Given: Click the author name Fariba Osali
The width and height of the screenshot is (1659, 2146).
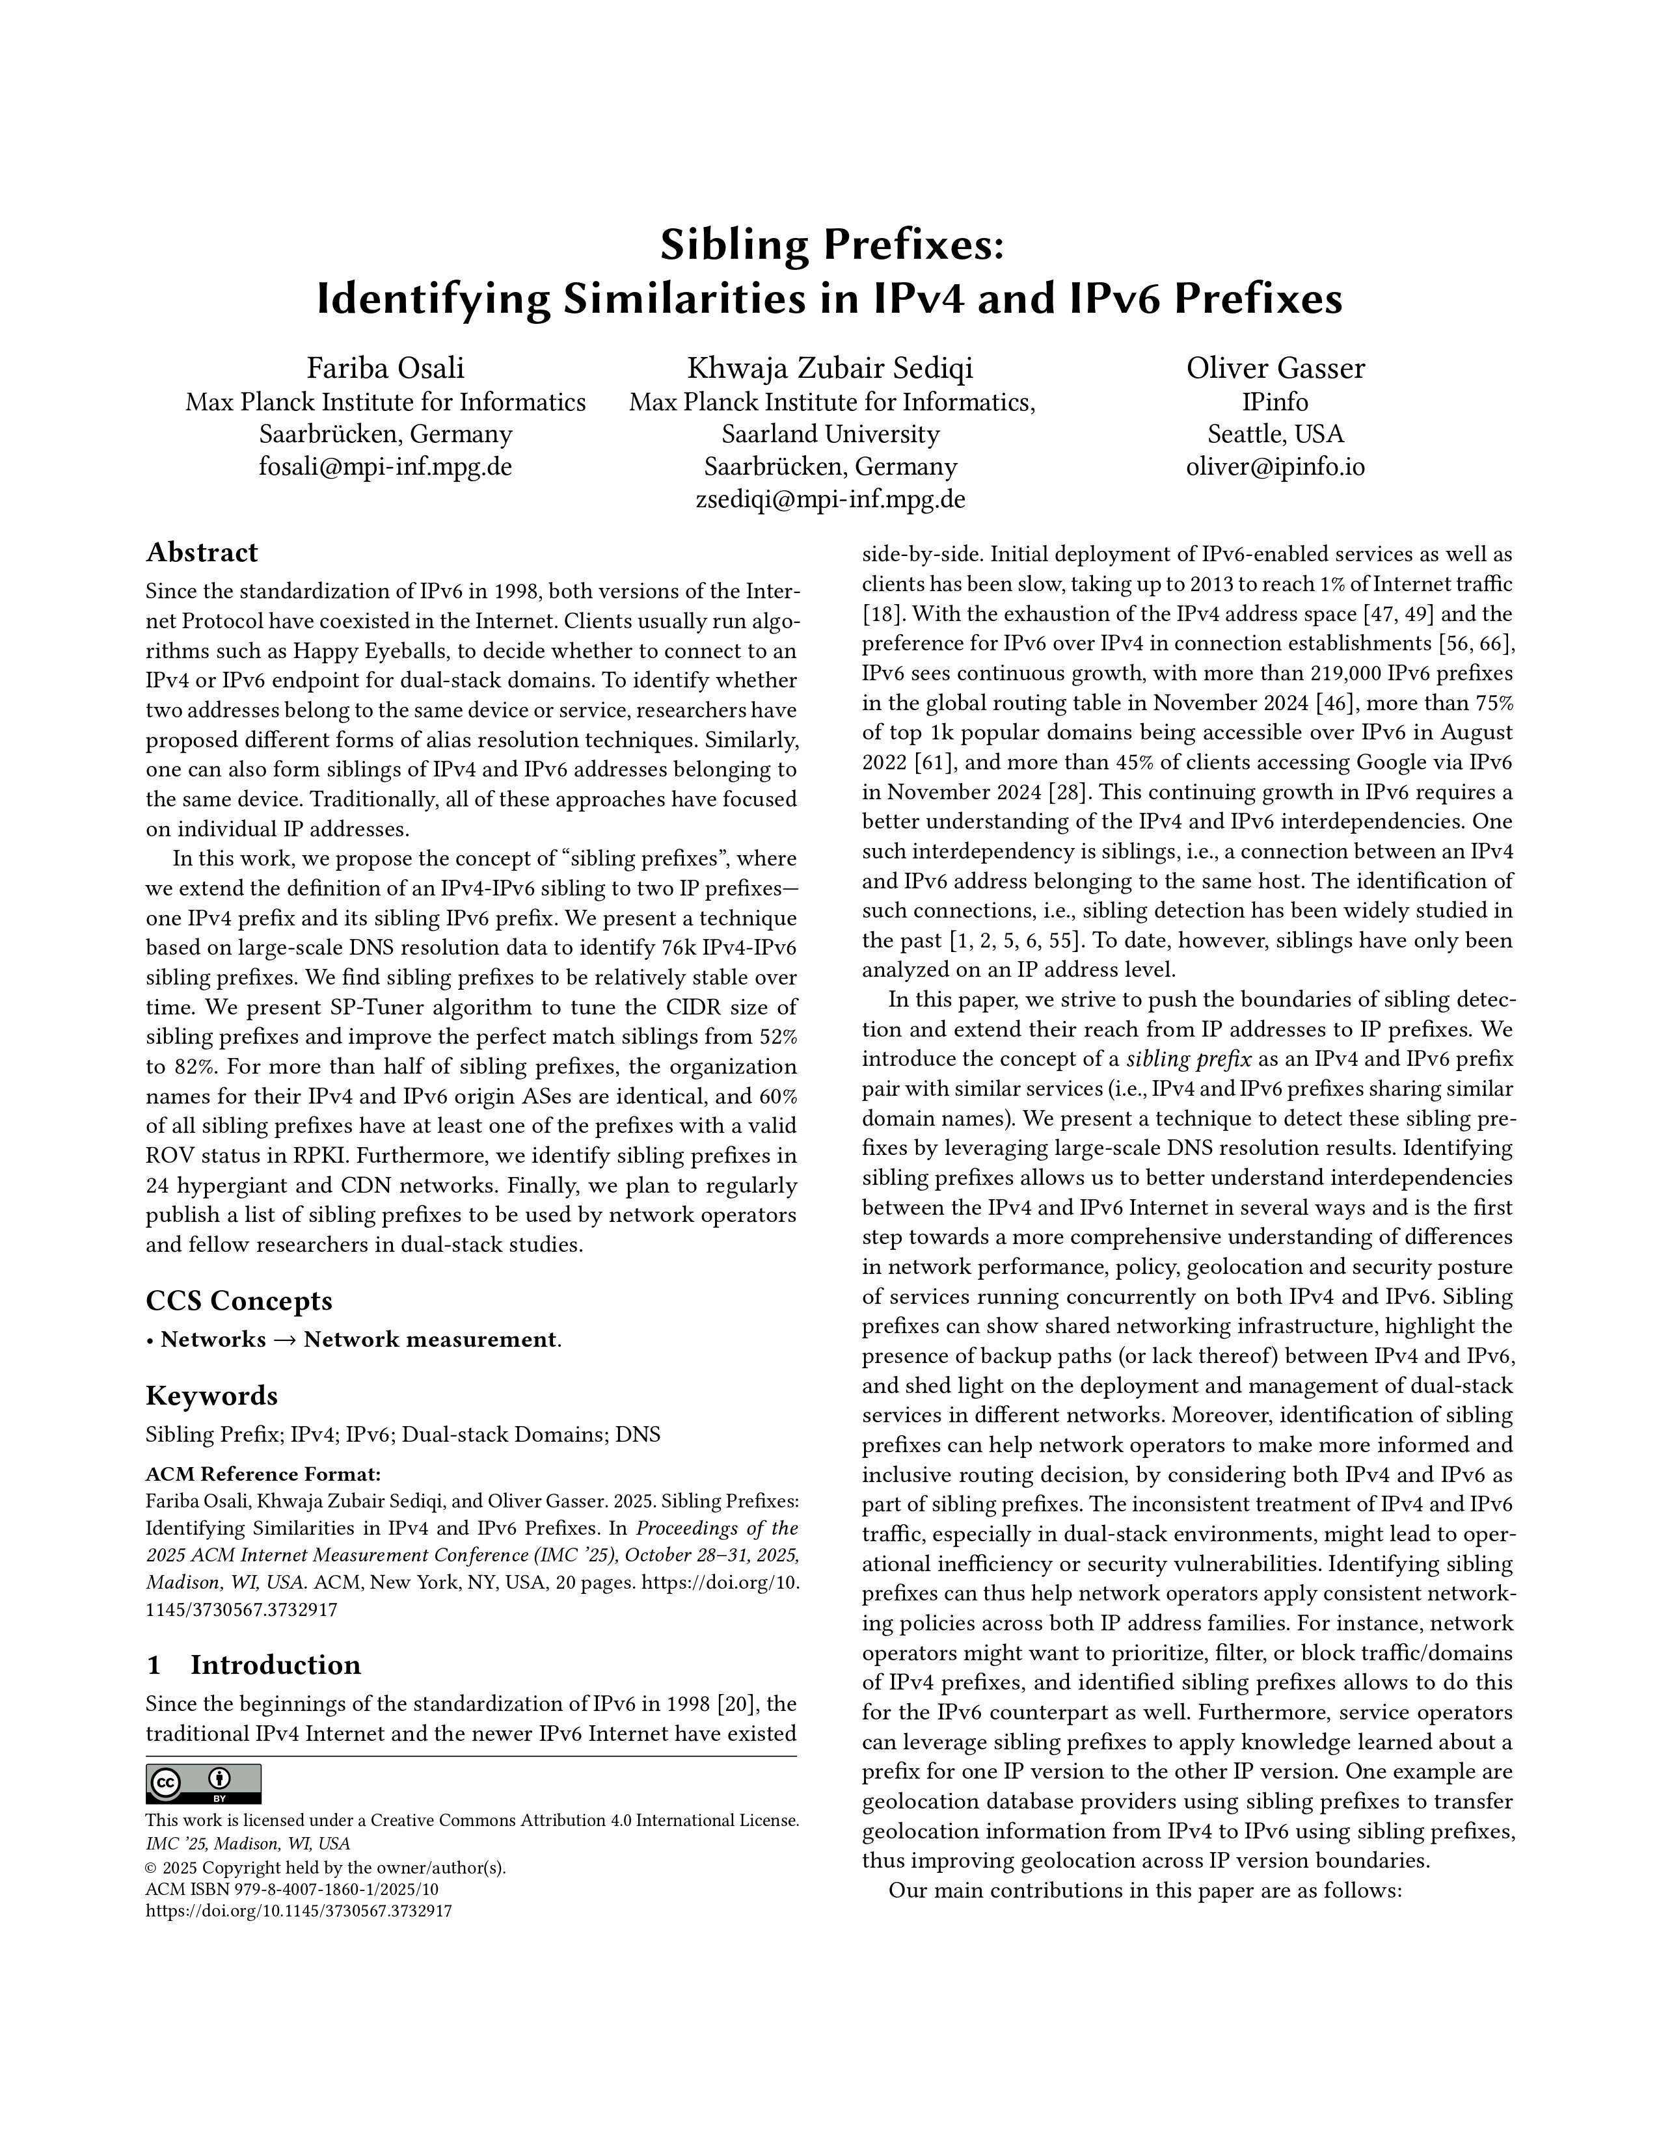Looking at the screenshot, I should (385, 369).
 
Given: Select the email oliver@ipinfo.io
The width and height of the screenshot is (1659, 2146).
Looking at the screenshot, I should (1275, 467).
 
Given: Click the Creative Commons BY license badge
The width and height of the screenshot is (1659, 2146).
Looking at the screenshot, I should (204, 1783).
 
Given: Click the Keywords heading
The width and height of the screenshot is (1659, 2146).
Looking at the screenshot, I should (211, 1396).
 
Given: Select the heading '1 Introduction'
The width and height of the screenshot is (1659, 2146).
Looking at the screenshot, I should (254, 1665).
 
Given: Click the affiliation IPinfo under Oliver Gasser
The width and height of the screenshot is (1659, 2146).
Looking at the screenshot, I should (1275, 402).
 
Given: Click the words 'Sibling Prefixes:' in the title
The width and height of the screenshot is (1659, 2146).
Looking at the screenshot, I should (831, 245).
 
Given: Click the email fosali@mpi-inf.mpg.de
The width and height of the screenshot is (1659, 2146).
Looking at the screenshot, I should (385, 467).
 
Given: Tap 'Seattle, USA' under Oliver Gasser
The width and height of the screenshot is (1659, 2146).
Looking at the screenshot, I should (1275, 434).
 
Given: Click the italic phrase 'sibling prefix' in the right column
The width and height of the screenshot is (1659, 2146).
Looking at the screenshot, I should (1187, 1059).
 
